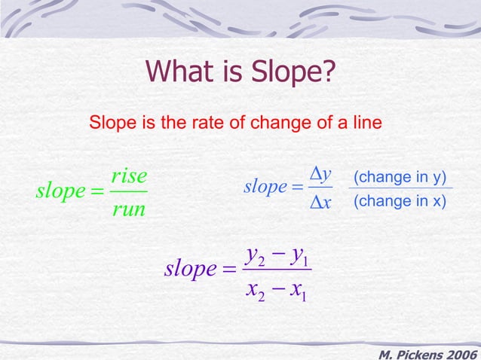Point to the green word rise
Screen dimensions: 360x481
[127, 176]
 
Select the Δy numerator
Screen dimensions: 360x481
[322, 175]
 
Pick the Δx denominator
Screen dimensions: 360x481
[322, 202]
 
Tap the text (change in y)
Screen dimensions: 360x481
[400, 177]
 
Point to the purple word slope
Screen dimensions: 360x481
[191, 269]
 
